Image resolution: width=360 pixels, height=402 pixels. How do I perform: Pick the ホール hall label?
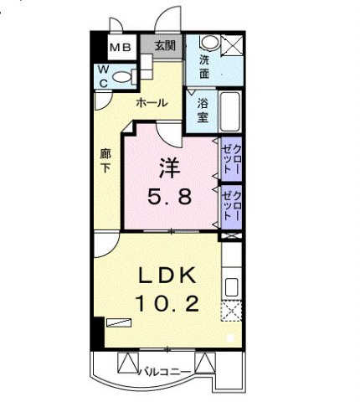tap(152, 103)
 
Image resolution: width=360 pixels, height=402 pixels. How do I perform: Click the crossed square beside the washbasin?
tap(233, 45)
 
